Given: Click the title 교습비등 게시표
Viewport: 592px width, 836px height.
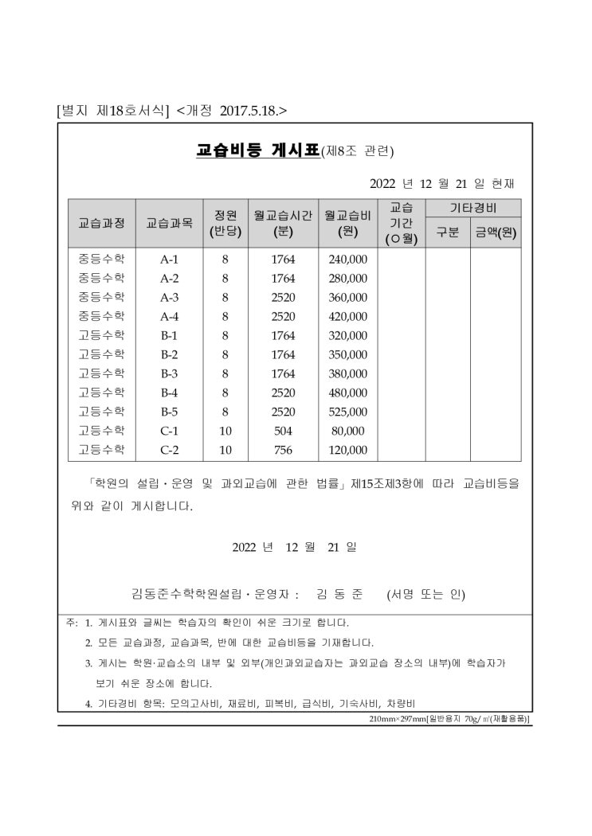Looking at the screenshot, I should click(257, 150).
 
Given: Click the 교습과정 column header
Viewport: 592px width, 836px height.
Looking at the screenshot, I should click(101, 223).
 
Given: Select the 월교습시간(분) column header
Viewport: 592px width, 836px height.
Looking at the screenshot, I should click(283, 223).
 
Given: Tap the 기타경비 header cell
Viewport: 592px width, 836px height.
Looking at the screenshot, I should click(473, 208).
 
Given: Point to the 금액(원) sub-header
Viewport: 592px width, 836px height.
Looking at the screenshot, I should click(496, 233).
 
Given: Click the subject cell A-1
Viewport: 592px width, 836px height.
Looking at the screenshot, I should click(169, 260).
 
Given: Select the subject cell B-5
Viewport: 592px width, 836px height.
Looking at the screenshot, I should click(169, 412).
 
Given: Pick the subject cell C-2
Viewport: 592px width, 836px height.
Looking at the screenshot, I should click(169, 450).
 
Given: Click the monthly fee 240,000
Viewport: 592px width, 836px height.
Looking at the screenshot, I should click(347, 260).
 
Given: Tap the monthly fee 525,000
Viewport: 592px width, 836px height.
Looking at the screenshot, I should click(347, 412).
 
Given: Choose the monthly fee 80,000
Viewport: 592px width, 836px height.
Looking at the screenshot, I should click(347, 431).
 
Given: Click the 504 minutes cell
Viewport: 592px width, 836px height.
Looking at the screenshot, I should click(283, 431).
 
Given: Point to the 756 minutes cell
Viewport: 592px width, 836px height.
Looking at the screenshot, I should click(283, 450).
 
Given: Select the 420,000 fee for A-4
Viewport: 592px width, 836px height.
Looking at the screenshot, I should click(347, 316).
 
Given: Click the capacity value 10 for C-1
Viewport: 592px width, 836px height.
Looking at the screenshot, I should click(225, 431).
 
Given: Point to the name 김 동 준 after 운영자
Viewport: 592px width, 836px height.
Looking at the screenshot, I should click(339, 594).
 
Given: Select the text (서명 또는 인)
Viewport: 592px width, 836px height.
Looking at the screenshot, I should click(425, 594).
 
